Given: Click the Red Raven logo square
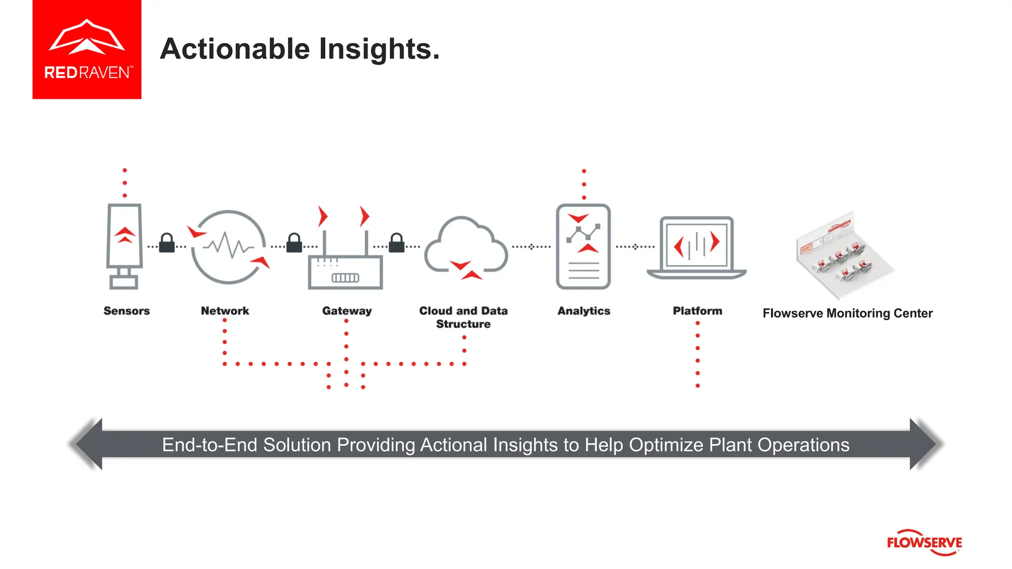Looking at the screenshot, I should click(x=86, y=49).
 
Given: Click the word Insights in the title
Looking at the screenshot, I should click(x=379, y=49).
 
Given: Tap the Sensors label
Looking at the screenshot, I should click(x=126, y=311).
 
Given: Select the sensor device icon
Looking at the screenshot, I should click(x=125, y=245).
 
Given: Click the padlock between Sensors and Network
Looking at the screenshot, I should click(x=167, y=243).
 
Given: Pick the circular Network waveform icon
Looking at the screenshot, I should click(x=228, y=246).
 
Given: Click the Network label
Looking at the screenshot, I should click(x=225, y=311).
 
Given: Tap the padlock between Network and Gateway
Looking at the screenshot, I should click(x=294, y=243).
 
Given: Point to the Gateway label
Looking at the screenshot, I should click(x=347, y=311).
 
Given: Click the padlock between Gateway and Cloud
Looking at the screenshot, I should click(x=396, y=243).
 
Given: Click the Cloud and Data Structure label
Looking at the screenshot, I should click(x=464, y=317).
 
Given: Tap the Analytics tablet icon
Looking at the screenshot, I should click(x=583, y=246).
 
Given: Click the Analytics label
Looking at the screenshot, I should click(x=584, y=311).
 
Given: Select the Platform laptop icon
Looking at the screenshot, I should click(x=697, y=247).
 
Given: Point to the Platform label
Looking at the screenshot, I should click(x=697, y=311).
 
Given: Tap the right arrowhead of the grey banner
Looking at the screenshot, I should click(x=925, y=444).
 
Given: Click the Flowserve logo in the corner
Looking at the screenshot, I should click(x=924, y=542).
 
